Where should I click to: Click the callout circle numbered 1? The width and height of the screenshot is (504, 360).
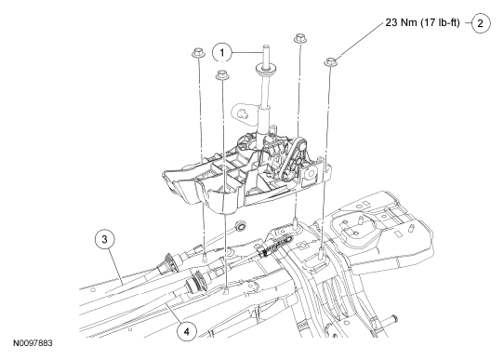tap(222, 52)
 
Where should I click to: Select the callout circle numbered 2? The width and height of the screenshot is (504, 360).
tap(481, 23)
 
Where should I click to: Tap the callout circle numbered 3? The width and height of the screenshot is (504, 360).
tap(104, 239)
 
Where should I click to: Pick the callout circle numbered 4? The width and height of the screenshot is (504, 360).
tap(187, 331)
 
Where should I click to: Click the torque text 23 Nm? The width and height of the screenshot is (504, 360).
tap(401, 22)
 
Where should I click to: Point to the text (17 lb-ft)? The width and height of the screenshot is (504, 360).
tap(440, 22)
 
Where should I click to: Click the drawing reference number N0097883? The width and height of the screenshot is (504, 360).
tap(33, 343)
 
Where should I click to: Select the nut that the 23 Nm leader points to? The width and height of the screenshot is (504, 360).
tap(331, 61)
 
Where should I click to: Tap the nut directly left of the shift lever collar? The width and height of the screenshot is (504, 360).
tap(222, 74)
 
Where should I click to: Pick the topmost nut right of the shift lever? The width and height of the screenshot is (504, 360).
tap(299, 37)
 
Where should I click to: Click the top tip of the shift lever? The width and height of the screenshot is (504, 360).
tap(267, 46)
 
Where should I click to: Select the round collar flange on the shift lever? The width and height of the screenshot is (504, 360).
tap(267, 69)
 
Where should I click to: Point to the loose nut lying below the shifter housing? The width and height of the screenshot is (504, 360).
tap(240, 226)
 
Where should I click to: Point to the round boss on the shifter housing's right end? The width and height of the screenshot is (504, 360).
tap(311, 174)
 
